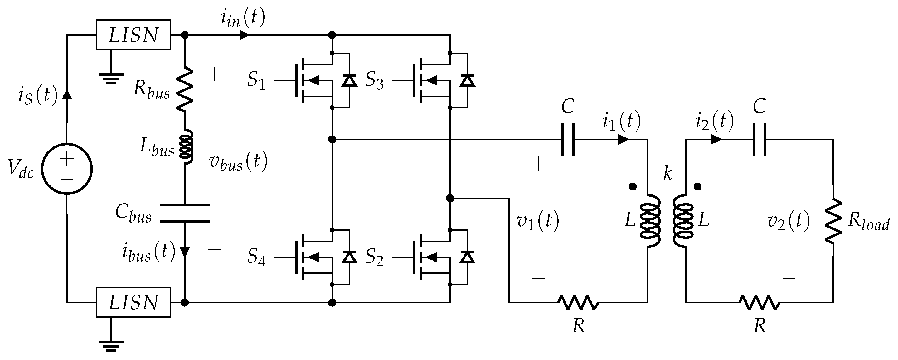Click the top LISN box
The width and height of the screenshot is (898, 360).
point(133,35)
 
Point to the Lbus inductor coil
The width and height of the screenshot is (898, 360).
point(186,147)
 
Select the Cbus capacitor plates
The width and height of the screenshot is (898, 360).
point(185,213)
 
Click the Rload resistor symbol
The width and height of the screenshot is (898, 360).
point(833,221)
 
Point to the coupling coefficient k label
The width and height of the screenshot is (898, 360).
point(667,173)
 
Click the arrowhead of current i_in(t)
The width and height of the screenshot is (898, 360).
point(244,35)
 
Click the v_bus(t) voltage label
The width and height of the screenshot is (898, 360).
point(238,162)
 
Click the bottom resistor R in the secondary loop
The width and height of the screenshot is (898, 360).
point(760,303)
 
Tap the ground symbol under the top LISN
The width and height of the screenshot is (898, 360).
point(111,78)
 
